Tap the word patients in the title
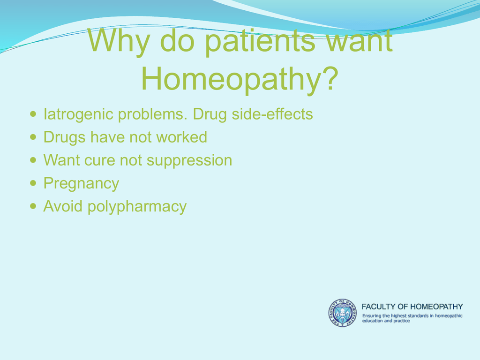(x=260, y=42)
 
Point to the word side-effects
(x=272, y=114)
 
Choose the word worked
(x=181, y=137)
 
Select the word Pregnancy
(x=81, y=184)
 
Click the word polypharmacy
(x=137, y=207)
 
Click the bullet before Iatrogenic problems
(x=33, y=114)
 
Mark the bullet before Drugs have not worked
(x=33, y=137)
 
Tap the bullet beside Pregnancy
(x=33, y=183)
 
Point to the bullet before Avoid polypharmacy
(x=33, y=206)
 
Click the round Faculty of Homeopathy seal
(x=343, y=313)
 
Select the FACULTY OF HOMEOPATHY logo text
(x=412, y=307)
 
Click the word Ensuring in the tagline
(x=371, y=316)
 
